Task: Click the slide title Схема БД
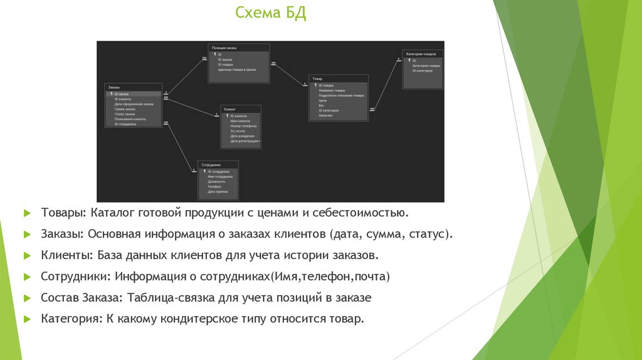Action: [x=271, y=13]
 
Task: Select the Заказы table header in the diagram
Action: [x=113, y=87]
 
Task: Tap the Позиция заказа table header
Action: [x=224, y=48]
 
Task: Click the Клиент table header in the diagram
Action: [x=229, y=109]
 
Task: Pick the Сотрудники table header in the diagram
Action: [x=211, y=164]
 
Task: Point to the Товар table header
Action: [x=317, y=79]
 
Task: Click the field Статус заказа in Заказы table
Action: [x=125, y=114]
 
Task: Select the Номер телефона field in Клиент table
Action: [x=243, y=126]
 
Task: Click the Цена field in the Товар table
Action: [x=322, y=100]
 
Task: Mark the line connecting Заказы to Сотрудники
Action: [x=178, y=146]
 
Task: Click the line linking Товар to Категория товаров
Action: [x=384, y=84]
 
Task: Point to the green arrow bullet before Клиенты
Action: [x=27, y=256]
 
